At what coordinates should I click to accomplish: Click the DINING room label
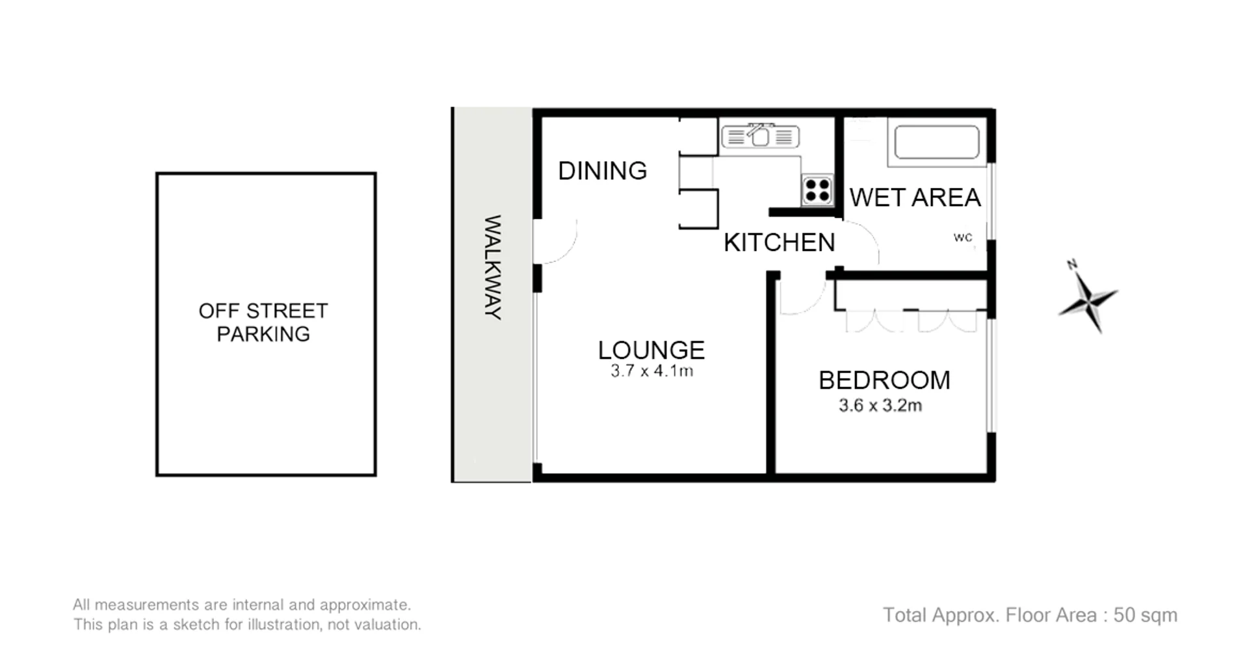click(602, 171)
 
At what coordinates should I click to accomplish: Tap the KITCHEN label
click(779, 242)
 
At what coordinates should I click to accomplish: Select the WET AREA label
click(915, 198)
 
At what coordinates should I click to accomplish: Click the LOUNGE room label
click(651, 350)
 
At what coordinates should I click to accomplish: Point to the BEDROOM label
click(884, 380)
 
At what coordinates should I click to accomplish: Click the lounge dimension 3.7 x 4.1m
click(651, 371)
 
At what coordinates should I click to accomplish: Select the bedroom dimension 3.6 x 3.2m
click(880, 406)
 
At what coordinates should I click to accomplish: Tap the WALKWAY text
click(493, 267)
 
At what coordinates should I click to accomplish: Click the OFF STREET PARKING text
click(263, 322)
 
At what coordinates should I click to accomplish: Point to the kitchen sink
click(760, 137)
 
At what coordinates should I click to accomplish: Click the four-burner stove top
click(817, 190)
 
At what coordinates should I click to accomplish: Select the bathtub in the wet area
click(937, 142)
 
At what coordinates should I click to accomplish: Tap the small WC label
click(963, 237)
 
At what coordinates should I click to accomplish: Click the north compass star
click(1088, 301)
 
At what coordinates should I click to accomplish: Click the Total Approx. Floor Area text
click(1030, 615)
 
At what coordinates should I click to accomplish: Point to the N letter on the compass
click(1072, 265)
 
